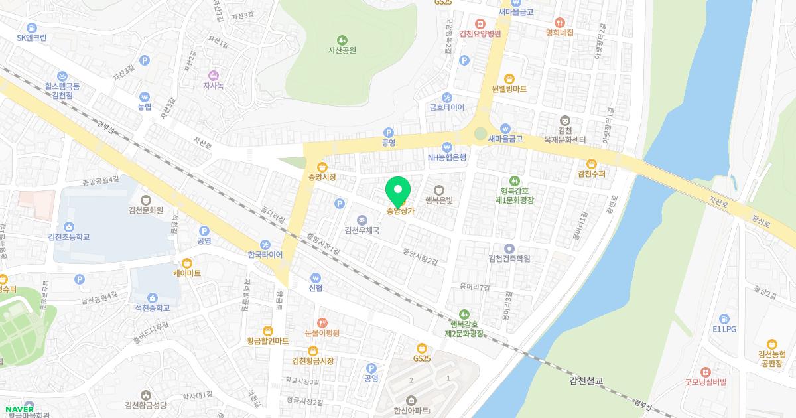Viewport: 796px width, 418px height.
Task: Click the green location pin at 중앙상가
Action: click(397, 190)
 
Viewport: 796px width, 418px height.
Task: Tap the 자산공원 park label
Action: click(342, 50)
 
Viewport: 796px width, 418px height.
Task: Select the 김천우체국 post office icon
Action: click(362, 220)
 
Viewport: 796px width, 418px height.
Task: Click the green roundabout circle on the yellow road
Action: click(480, 135)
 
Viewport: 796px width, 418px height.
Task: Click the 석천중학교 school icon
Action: click(153, 297)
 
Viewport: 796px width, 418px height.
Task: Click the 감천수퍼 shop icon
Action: click(591, 163)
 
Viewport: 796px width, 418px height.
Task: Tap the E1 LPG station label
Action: click(724, 329)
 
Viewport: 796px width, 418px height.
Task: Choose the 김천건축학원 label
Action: click(509, 259)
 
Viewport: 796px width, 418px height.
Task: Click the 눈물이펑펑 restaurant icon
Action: click(322, 322)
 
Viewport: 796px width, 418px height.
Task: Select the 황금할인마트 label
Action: click(267, 341)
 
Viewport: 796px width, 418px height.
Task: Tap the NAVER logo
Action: click(19, 409)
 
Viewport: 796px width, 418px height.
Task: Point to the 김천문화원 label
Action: click(146, 210)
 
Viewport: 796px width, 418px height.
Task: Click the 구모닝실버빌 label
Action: click(706, 382)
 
